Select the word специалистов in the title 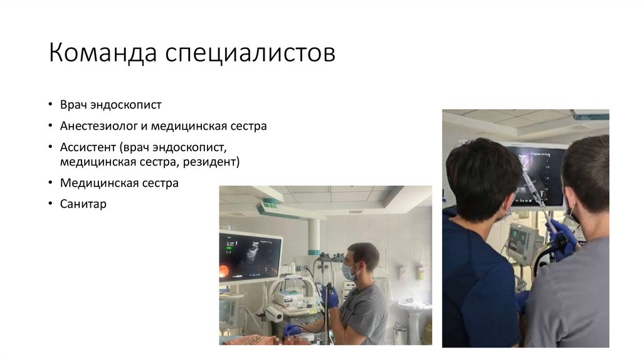250,55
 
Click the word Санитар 83,204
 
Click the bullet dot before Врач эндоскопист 51,105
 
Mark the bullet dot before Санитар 51,204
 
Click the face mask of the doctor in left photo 349,272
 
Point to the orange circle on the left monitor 224,271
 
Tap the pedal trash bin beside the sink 400,332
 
